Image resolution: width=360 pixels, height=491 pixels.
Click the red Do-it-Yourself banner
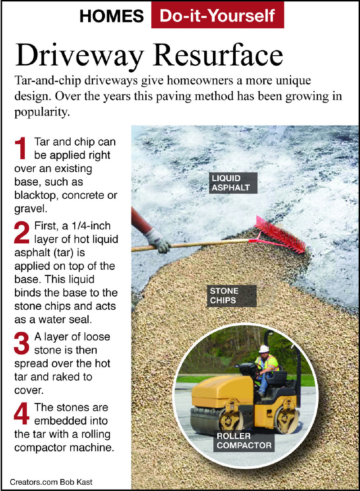click(217, 15)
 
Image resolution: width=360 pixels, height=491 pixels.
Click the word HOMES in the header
click(112, 16)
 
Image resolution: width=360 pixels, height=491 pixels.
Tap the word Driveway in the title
click(79, 56)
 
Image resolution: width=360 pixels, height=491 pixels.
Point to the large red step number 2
click(22, 232)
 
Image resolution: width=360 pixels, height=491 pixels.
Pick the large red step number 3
click(22, 344)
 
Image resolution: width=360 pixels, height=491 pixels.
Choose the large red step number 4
click(22, 414)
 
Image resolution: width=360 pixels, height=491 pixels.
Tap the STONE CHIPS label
click(232, 295)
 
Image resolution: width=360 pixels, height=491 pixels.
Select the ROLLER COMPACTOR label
click(244, 441)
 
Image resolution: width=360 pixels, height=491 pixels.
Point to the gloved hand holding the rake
click(158, 241)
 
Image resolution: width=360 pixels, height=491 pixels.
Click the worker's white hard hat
click(264, 348)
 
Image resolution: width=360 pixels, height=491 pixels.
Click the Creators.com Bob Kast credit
click(51, 482)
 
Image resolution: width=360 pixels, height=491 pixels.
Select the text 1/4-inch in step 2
click(91, 226)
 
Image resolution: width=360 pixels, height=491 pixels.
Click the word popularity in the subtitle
click(42, 112)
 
